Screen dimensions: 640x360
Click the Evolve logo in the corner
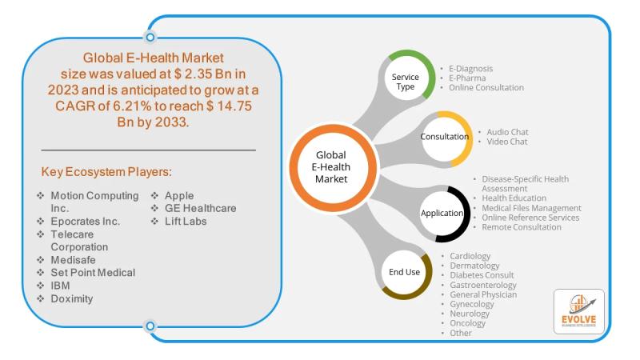coord(578,311)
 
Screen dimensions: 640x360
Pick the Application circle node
coord(443,214)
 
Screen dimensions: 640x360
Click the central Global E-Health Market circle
coord(332,167)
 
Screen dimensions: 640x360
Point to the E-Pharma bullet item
coord(467,78)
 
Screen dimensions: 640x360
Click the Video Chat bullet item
coord(507,142)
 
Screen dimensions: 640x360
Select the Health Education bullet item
coord(514,198)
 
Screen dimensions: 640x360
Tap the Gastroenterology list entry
coord(483,285)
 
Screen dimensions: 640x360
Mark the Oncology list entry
coord(468,323)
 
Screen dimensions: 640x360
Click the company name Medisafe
coord(73,260)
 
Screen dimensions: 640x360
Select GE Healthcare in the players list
coord(201,208)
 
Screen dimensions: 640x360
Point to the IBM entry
coord(60,286)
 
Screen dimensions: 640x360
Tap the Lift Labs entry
coord(186,222)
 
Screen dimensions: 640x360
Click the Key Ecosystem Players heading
coord(106,172)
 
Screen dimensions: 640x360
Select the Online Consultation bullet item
coord(486,88)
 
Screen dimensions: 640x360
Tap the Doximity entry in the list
coord(72,298)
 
